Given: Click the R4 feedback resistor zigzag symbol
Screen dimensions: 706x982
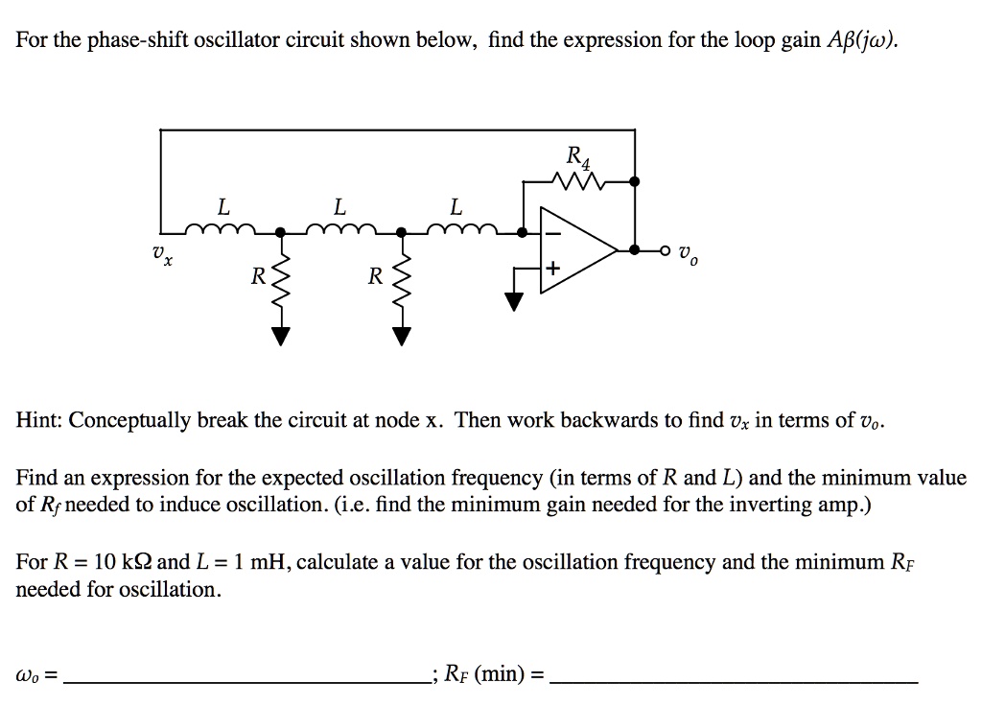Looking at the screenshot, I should (x=579, y=180).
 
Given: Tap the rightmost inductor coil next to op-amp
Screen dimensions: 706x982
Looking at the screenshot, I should (x=458, y=228).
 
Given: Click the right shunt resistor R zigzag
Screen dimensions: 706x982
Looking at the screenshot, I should (x=402, y=283).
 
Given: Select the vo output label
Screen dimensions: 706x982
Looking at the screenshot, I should (x=685, y=256).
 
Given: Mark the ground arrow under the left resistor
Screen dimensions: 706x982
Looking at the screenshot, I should (x=281, y=335).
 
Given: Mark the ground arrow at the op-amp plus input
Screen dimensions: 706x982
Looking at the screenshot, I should (x=516, y=302).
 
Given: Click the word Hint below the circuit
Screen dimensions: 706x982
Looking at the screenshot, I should (x=39, y=421).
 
